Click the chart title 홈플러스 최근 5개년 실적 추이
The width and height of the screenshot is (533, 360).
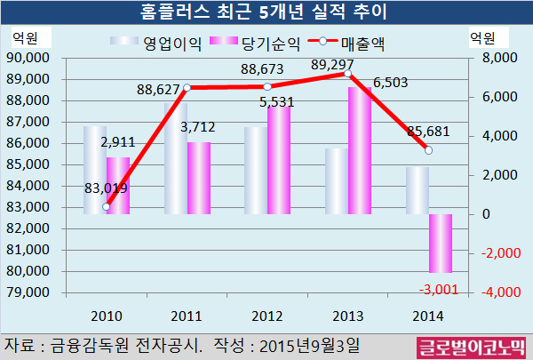(x=266, y=12)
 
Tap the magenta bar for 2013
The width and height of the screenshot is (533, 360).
(x=360, y=150)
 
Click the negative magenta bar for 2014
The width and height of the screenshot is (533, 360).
(x=441, y=243)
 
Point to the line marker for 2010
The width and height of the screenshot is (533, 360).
(x=107, y=206)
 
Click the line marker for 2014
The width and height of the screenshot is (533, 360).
(x=429, y=150)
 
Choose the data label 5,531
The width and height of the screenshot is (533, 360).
(x=279, y=102)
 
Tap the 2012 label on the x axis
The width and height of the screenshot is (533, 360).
(x=267, y=316)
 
